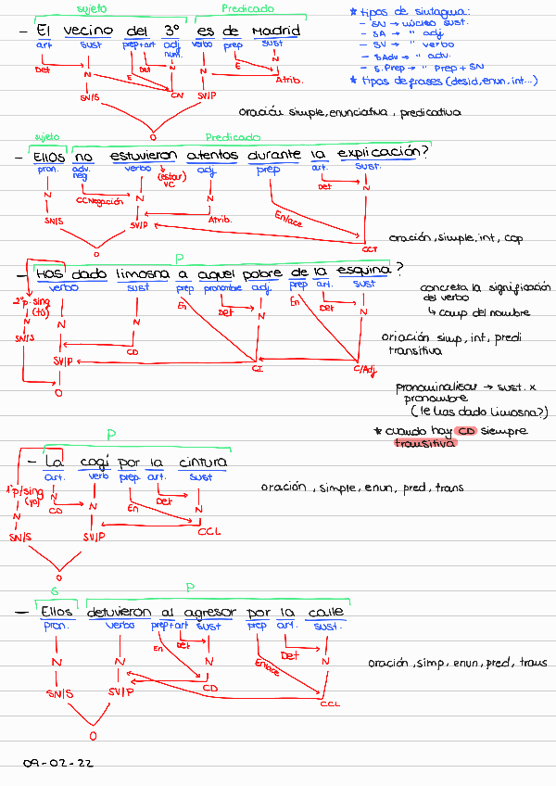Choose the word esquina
362,272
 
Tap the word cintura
200,463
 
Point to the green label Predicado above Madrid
246,8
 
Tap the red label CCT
370,249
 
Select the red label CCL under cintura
208,532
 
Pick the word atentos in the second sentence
211,156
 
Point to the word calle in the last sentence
325,613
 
